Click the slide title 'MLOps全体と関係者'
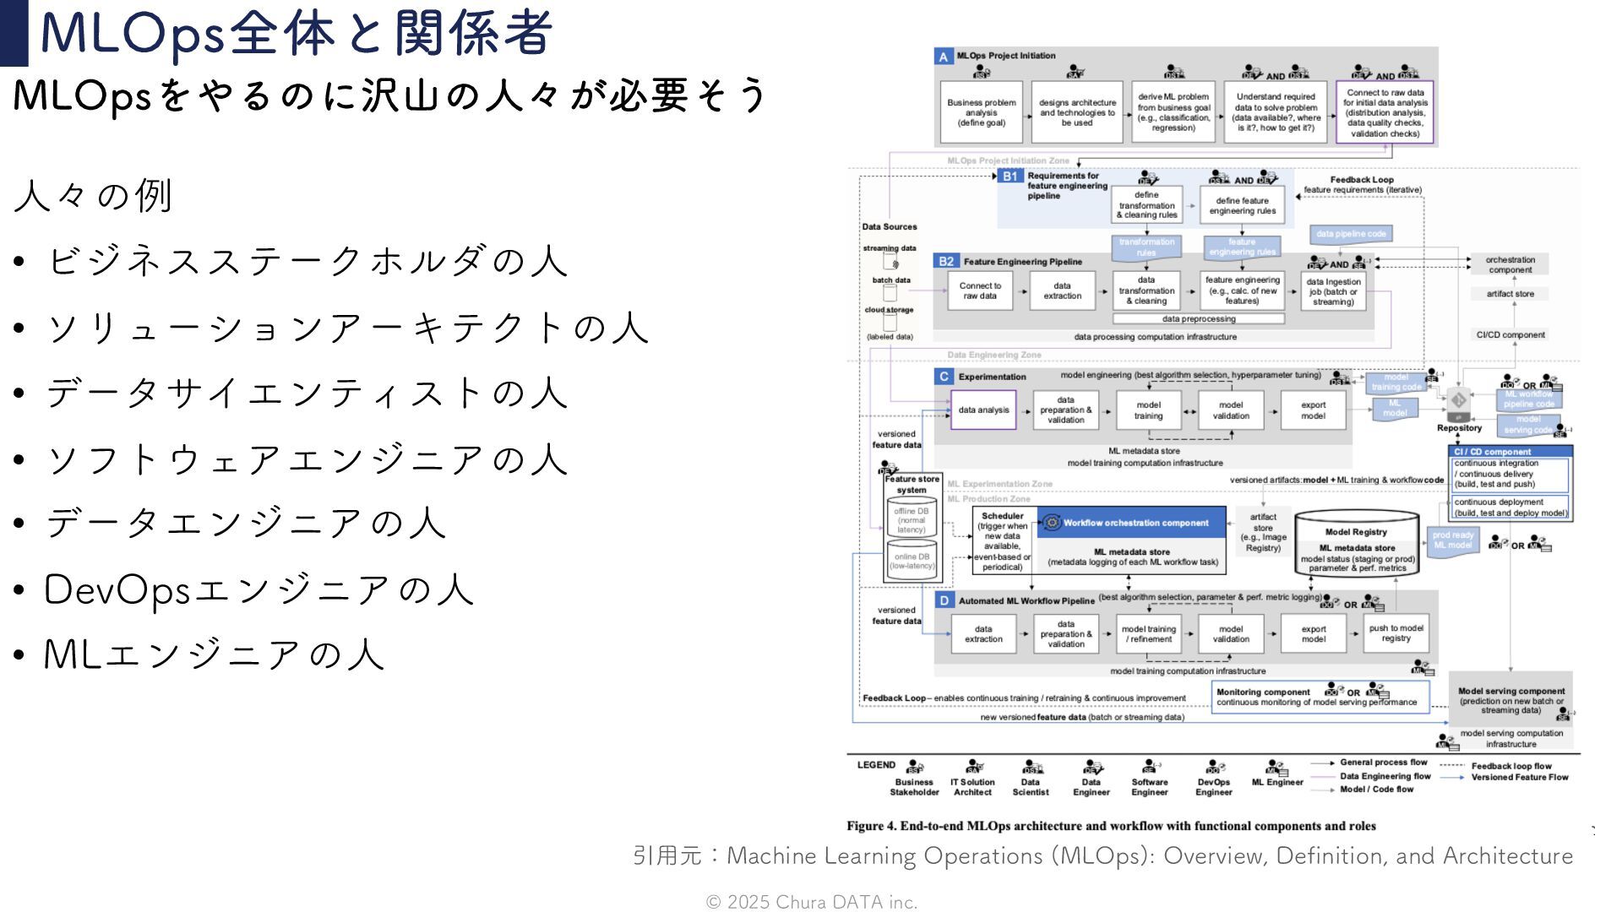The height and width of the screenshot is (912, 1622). pos(296,34)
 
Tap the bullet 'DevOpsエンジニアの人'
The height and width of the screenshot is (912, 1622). pos(259,589)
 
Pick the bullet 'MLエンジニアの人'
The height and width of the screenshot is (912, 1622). pos(215,654)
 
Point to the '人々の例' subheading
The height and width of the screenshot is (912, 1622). pos(93,196)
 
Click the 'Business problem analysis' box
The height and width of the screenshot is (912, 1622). pos(982,112)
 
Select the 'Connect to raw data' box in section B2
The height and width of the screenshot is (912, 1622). pos(980,290)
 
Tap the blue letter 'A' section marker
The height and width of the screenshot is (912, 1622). pos(944,57)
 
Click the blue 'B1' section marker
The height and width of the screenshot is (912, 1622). pos(1010,176)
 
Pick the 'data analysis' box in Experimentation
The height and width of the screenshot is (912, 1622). pos(983,410)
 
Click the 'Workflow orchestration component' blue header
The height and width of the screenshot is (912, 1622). pos(1131,523)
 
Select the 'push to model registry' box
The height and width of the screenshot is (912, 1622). pos(1396,633)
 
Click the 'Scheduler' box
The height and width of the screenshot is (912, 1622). pos(1003,540)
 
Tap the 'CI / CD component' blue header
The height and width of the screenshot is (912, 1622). pos(1510,452)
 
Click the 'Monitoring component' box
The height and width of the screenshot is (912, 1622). pos(1319,697)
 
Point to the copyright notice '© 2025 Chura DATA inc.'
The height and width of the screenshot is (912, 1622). pos(811,902)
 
